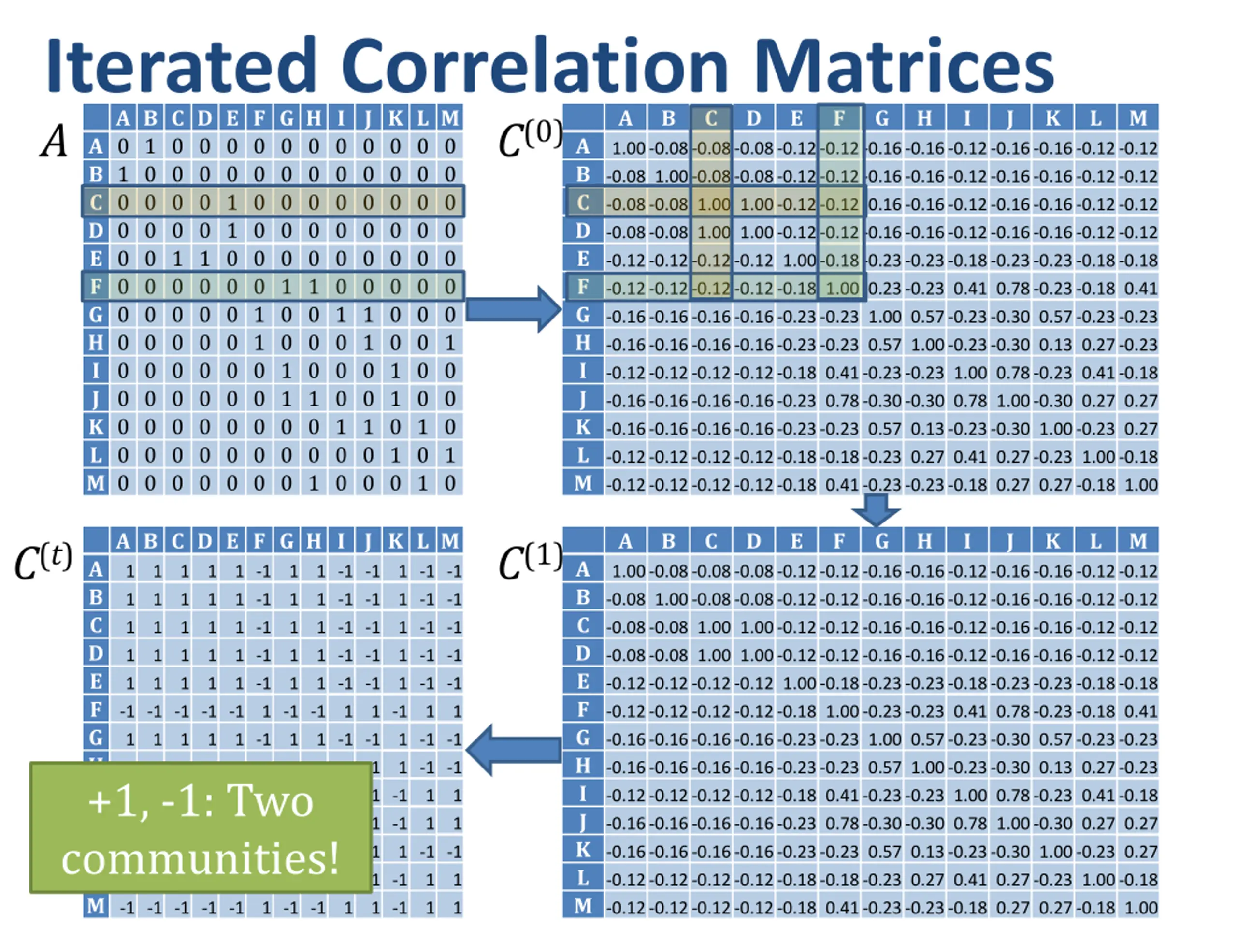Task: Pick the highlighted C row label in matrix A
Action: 96,203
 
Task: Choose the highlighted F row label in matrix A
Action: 96,287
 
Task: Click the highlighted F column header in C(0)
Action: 839,118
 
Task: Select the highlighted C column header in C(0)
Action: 711,118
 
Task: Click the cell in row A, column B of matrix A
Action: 150,146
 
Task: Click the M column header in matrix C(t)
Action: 450,541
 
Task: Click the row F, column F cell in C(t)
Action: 259,711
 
